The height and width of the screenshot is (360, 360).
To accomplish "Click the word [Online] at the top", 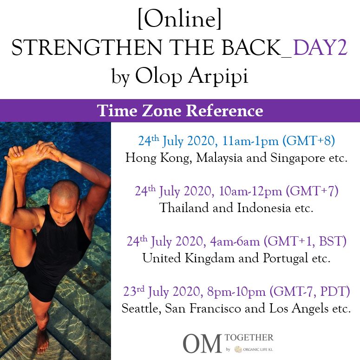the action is click(x=180, y=19).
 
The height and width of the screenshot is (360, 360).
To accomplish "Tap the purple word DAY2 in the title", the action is click(x=320, y=48).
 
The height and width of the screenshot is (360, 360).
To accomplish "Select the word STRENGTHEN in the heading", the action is click(x=86, y=48).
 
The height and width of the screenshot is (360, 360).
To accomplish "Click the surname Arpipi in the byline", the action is click(x=218, y=76).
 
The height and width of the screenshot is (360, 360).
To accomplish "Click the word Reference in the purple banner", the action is click(x=224, y=111).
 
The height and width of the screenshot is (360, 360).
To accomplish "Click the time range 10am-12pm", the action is click(x=250, y=191).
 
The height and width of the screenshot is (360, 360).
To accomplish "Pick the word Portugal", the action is click(x=285, y=259).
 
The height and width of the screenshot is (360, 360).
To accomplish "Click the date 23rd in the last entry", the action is click(x=134, y=291).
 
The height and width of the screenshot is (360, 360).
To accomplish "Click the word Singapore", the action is click(x=298, y=158).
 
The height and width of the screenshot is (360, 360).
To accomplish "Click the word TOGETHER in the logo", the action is click(x=249, y=338).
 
